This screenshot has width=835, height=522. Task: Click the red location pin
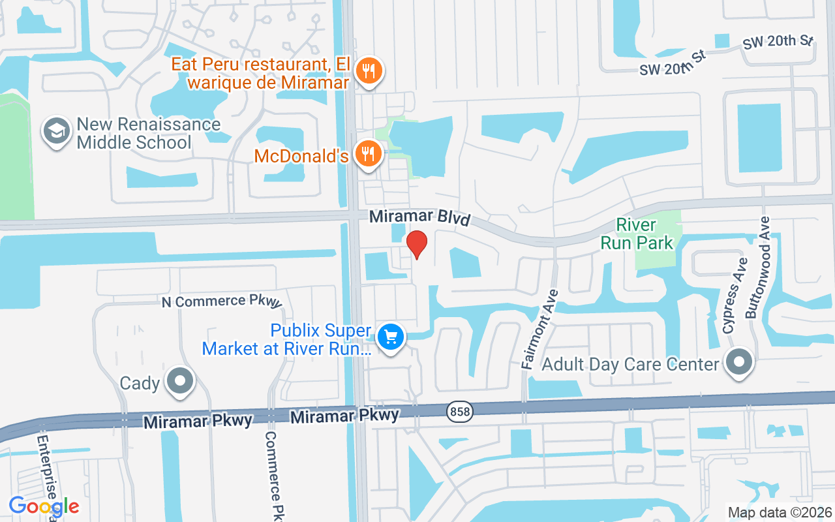(417, 244)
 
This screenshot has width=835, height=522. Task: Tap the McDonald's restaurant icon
(369, 154)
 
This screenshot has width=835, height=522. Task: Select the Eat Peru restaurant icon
(369, 71)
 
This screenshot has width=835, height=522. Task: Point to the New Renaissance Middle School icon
(57, 132)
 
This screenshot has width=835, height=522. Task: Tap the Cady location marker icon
(180, 381)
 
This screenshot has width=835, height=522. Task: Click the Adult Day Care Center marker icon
(739, 362)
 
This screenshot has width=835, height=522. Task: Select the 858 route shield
(459, 411)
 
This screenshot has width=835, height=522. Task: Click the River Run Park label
(645, 234)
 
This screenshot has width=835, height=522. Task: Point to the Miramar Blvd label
(419, 217)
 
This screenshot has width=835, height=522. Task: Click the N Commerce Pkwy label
(222, 301)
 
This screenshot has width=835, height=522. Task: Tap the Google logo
(44, 506)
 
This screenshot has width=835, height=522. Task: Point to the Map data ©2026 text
(780, 512)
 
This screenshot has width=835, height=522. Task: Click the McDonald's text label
(301, 156)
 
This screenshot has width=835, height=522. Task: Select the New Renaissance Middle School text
(149, 133)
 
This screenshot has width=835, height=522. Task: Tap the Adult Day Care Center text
(630, 364)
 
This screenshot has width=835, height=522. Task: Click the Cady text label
(140, 382)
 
